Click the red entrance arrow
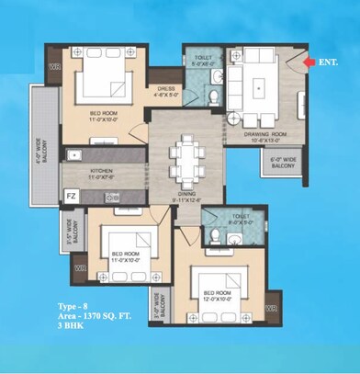coord(306,61)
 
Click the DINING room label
coord(187,194)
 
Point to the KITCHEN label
coord(99,171)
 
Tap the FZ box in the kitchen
coord(72,195)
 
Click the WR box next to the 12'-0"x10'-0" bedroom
coord(271,307)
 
